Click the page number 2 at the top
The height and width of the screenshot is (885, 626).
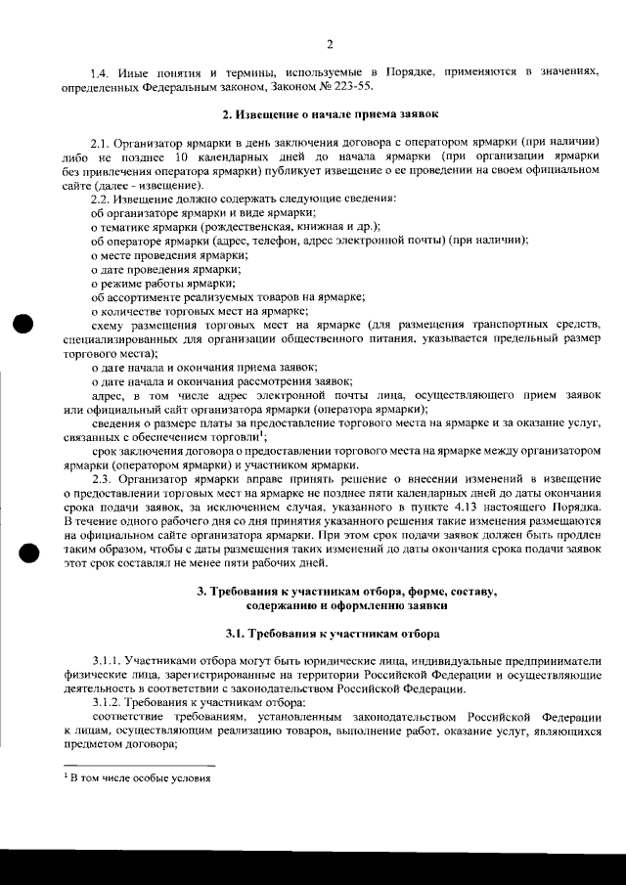point(330,44)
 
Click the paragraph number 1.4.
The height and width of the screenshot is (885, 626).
point(101,74)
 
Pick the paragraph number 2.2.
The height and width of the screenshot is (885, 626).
point(102,199)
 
